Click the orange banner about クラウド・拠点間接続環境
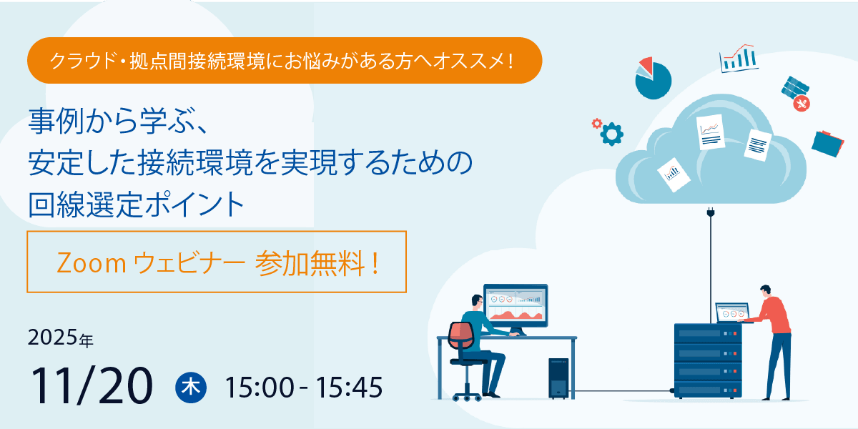(x=284, y=61)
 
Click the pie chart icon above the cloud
(x=652, y=78)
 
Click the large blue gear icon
(x=612, y=134)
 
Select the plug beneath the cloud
(x=711, y=214)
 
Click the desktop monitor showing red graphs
(x=515, y=305)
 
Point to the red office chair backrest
(x=461, y=337)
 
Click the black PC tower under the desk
(x=558, y=378)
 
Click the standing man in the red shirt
(x=774, y=336)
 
